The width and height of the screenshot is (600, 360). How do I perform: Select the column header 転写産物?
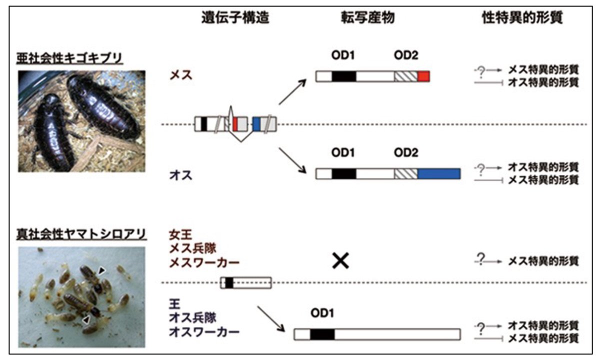[364, 18]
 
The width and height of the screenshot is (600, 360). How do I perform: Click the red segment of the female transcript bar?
[423, 76]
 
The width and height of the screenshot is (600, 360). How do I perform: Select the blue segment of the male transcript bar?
[438, 173]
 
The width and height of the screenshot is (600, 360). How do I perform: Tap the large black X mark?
[340, 260]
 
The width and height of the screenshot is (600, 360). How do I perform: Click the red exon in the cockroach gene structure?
[235, 123]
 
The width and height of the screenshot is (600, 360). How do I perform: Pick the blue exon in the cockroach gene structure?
[256, 123]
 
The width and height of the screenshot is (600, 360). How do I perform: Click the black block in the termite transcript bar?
[322, 334]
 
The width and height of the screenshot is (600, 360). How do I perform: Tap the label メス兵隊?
[190, 247]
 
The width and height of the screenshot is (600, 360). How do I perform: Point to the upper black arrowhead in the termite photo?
[102, 270]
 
